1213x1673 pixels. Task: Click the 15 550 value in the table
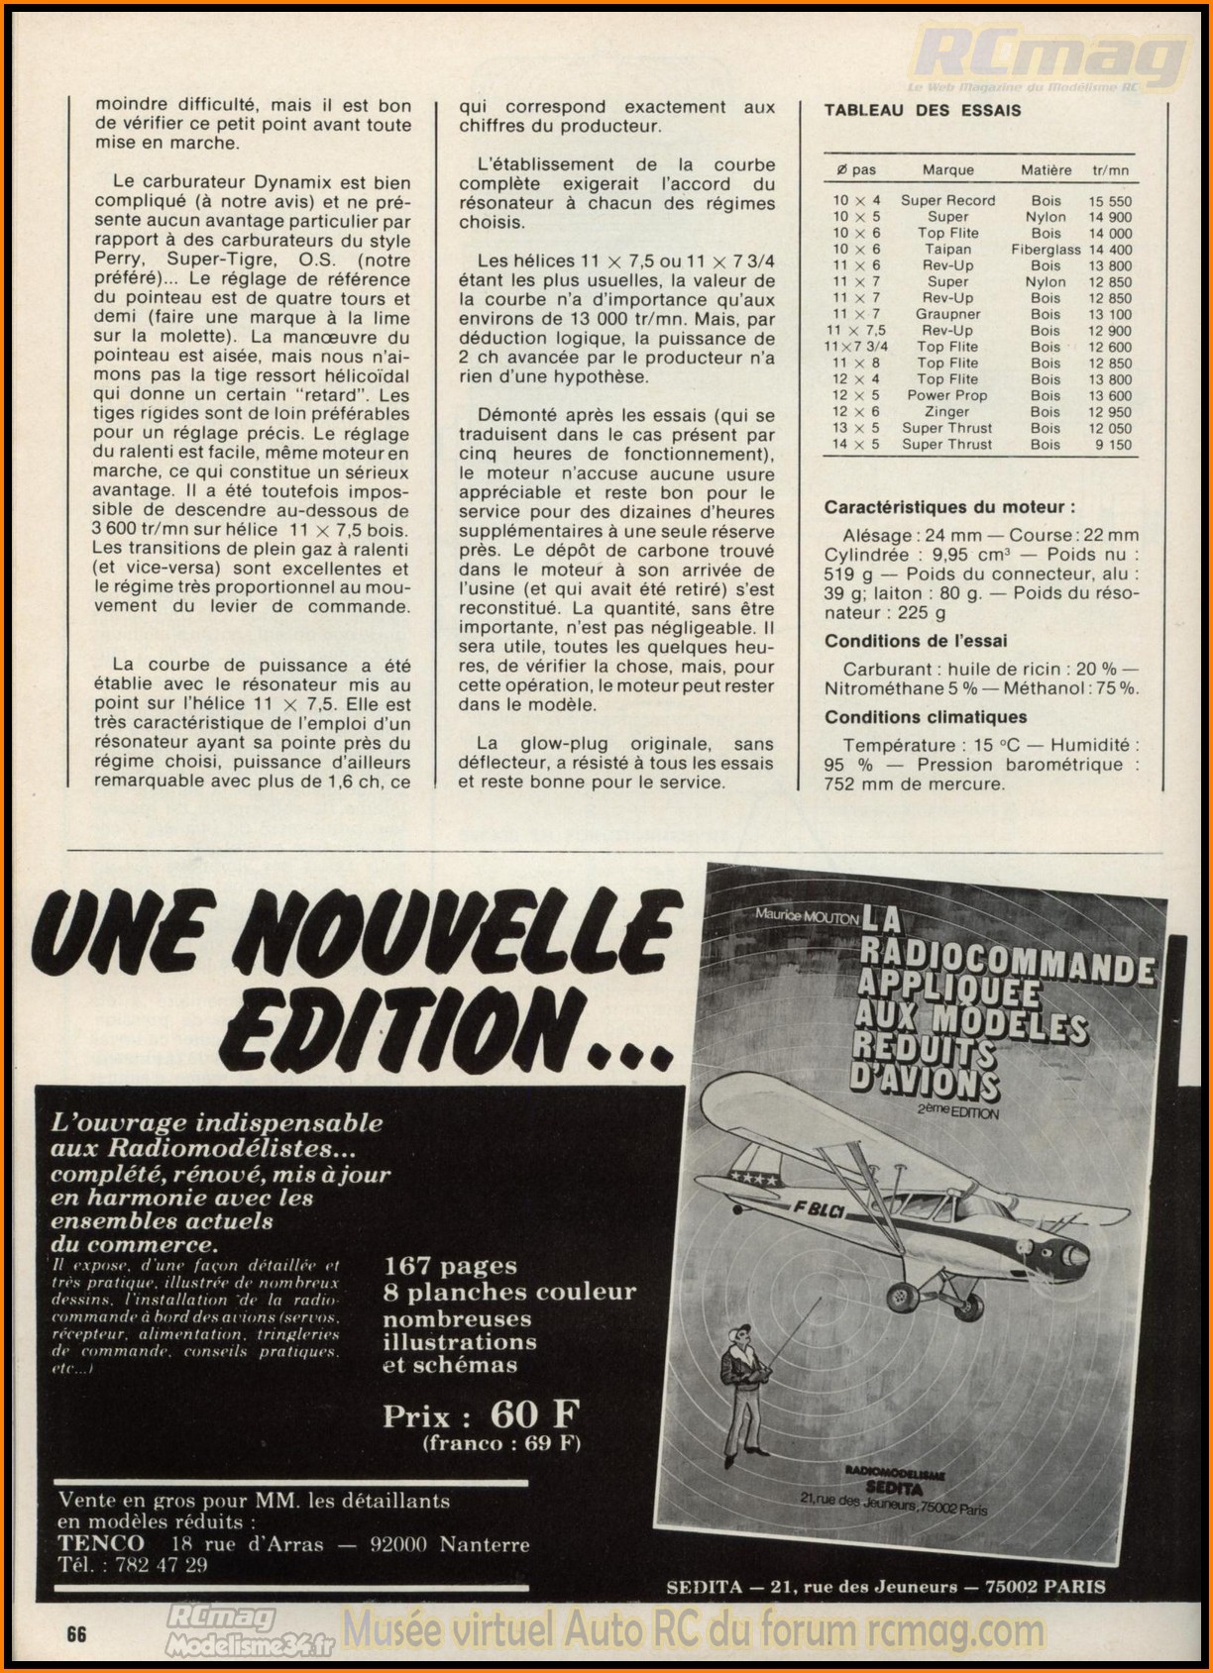[1110, 201]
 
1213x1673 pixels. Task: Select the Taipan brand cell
[947, 250]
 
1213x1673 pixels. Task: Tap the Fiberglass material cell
[1046, 250]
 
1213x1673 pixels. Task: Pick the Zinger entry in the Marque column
[947, 412]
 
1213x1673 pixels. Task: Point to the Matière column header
[1046, 170]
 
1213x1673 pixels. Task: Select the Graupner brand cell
[947, 314]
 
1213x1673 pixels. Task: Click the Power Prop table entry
[947, 395]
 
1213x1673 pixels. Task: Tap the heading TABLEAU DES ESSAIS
[922, 110]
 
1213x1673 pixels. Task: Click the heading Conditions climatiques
[926, 717]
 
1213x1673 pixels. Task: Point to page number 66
[76, 1634]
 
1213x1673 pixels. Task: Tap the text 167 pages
[450, 1266]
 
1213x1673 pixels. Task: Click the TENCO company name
[101, 1544]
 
